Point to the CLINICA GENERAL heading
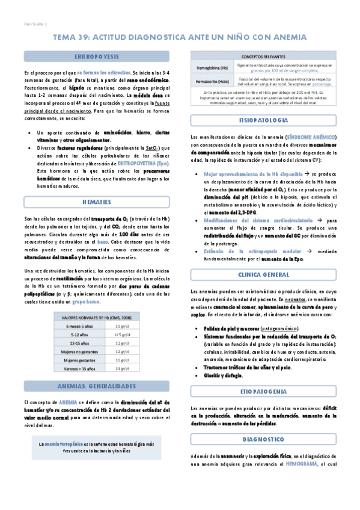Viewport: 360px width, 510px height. [x=264, y=274]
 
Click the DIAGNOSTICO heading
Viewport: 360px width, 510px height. [x=264, y=422]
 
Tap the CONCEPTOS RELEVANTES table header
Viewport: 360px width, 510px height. [x=264, y=55]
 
